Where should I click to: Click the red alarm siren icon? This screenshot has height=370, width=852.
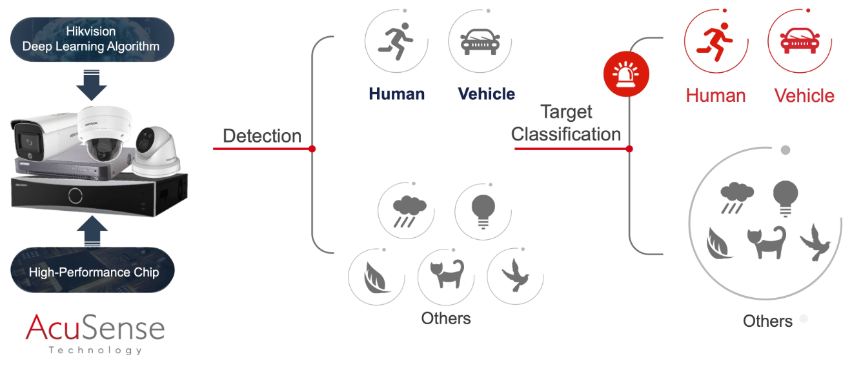pos(626,73)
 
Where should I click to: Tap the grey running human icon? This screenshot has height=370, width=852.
pos(396,41)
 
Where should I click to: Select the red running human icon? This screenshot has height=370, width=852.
pos(715,42)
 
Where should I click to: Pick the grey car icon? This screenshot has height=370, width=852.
pos(480,42)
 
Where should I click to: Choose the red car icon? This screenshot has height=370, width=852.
pos(800,41)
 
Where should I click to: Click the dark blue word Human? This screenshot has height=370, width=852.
pos(397,94)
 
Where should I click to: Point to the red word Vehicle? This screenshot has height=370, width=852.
pos(804,96)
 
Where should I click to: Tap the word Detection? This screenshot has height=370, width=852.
pos(262,135)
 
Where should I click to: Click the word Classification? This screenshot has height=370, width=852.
pos(566,134)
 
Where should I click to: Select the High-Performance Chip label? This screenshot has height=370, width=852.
pos(94,272)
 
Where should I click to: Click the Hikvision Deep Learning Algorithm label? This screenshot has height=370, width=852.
pos(91,39)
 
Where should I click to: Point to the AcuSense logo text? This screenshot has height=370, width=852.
pos(95,327)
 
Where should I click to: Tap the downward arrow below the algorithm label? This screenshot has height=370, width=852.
pos(91,85)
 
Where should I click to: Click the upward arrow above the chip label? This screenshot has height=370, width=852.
pos(92,231)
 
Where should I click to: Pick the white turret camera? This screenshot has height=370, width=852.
pos(157,152)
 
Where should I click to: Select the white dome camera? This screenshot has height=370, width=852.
pos(104,133)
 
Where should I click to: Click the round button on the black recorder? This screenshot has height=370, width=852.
pos(76,196)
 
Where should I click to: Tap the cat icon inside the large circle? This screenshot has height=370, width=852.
pos(766,242)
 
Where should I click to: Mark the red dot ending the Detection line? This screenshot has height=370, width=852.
pos(312,148)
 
